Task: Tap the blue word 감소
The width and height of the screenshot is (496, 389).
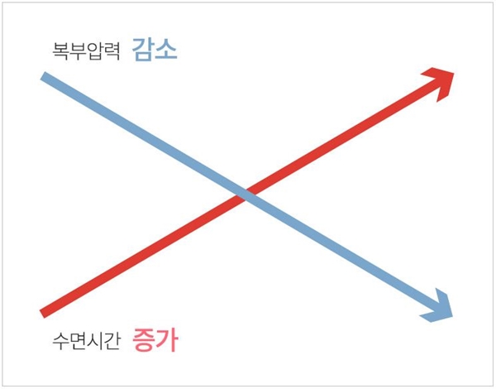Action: click(155, 50)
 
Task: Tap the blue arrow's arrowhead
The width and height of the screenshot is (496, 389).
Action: click(438, 307)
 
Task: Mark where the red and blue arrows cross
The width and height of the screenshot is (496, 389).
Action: click(241, 195)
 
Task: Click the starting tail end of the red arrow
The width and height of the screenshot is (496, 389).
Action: click(44, 312)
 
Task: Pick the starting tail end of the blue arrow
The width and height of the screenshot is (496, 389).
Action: click(44, 77)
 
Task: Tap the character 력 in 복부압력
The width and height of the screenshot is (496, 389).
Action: click(112, 52)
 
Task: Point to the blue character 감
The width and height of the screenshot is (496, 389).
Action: click(143, 50)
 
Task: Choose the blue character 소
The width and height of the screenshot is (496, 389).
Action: click(166, 50)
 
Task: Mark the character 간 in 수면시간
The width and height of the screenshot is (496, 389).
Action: click(112, 339)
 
